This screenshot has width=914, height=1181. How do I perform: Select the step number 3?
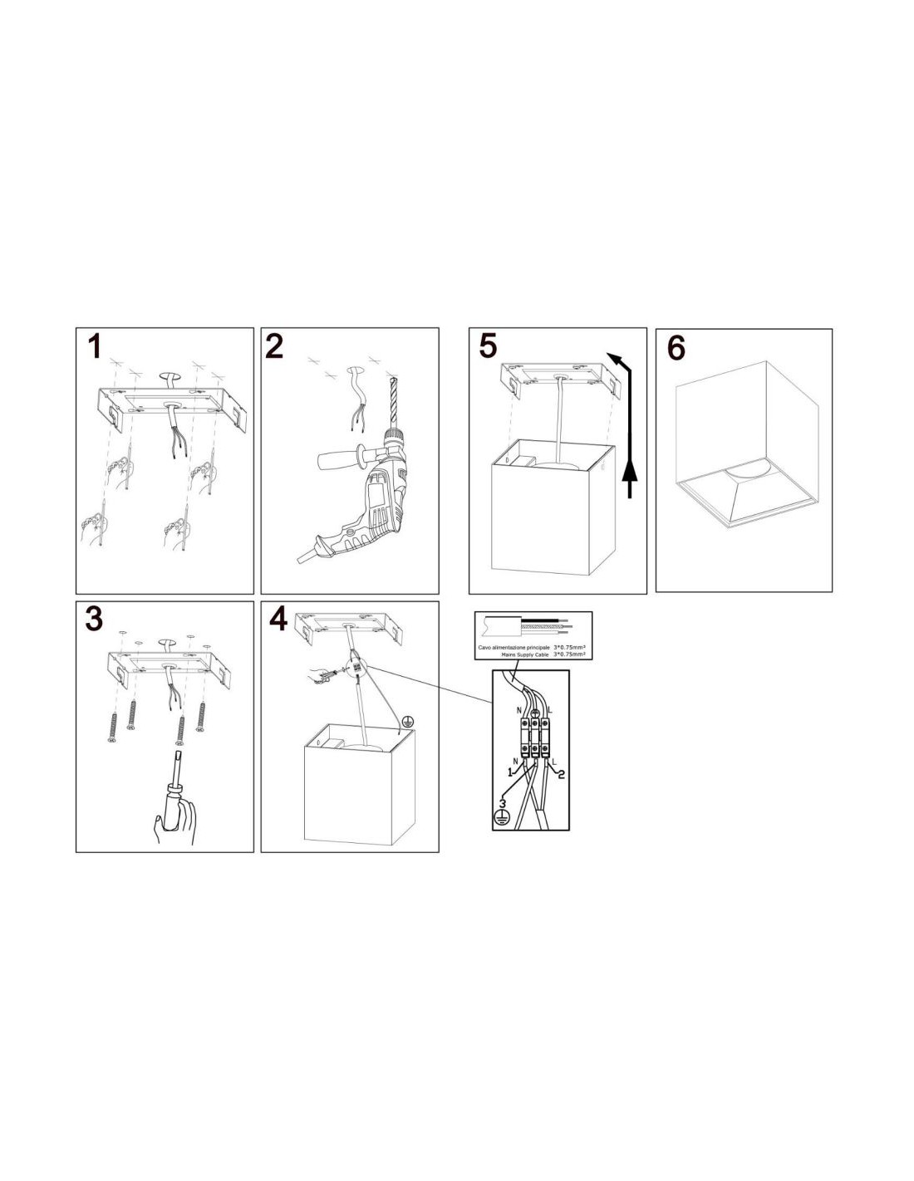(94, 619)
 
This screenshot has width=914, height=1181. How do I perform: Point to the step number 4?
(278, 619)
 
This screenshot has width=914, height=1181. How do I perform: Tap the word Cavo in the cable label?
(484, 648)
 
